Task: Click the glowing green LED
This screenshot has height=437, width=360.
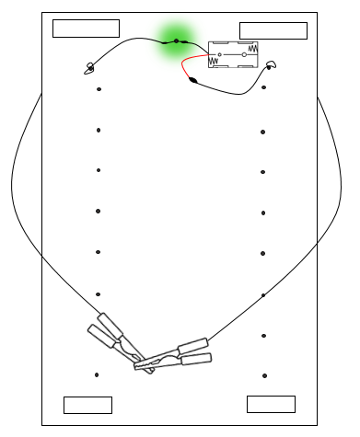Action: point(174,40)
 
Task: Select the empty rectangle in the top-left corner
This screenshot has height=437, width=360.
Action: point(86,28)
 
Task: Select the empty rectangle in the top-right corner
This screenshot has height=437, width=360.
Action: point(273,30)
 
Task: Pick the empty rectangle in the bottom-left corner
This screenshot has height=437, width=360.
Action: point(87,405)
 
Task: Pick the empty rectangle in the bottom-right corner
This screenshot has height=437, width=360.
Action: point(271,404)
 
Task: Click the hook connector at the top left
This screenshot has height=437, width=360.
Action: point(89,66)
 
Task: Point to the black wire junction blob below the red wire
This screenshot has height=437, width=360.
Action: point(193,80)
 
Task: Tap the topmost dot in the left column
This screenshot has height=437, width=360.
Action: point(98,89)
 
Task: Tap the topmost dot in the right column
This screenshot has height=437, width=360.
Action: point(264,88)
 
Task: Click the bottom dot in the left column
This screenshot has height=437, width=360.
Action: point(97,374)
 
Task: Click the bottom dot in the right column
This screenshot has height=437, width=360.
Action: point(264,375)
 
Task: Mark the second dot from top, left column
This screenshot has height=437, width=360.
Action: point(98,131)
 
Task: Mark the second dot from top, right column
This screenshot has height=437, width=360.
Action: point(263,132)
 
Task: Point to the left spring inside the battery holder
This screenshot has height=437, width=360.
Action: point(215,62)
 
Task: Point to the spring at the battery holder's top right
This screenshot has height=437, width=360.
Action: point(252,46)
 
